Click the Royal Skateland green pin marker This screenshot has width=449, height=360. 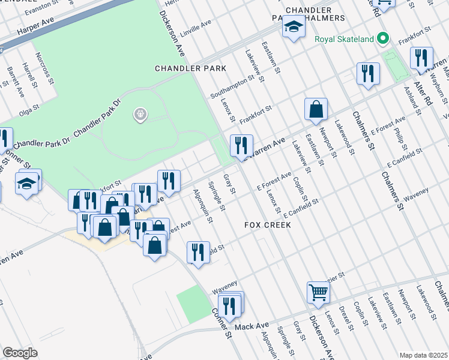click(382, 40)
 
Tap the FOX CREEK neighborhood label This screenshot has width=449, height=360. click(268, 225)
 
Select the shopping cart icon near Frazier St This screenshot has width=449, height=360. click(318, 292)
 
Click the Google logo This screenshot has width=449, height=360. click(20, 353)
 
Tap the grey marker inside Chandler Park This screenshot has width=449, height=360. click(140, 113)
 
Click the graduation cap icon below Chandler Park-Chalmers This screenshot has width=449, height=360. click(294, 28)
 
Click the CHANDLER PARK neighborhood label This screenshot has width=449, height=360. click(190, 68)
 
